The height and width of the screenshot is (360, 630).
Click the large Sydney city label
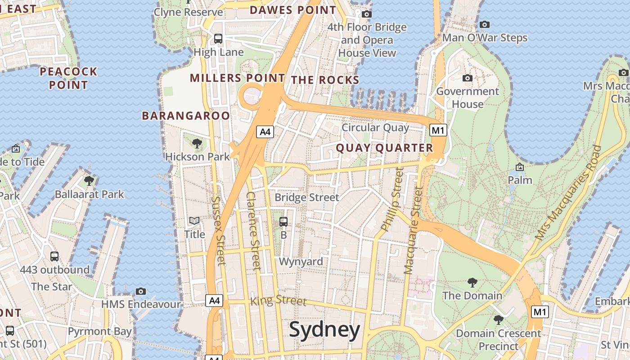(x=324, y=330)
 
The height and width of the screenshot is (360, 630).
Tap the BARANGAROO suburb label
(x=186, y=116)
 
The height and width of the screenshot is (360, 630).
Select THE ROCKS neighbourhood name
(x=325, y=80)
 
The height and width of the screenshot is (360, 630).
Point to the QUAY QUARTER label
(x=384, y=148)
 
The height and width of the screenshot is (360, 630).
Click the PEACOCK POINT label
(x=68, y=78)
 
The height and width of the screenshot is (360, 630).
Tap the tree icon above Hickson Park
(x=197, y=144)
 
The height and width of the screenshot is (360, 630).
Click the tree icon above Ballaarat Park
(x=89, y=181)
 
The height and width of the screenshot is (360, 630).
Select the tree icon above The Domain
(x=472, y=282)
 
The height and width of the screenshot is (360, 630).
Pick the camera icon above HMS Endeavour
(x=141, y=291)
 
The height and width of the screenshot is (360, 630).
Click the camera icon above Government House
(x=468, y=78)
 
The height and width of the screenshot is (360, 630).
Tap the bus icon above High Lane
(x=218, y=39)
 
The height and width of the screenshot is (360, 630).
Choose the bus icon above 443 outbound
(x=54, y=256)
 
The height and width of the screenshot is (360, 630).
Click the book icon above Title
(x=194, y=220)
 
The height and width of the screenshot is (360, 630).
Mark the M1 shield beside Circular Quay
(x=438, y=130)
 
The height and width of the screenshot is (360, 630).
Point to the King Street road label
(x=278, y=300)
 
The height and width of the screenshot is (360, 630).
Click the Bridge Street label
(x=307, y=198)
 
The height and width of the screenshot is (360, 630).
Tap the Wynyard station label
(x=301, y=261)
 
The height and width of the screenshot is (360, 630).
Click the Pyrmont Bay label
(x=100, y=332)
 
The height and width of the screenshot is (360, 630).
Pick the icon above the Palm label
(x=520, y=167)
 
